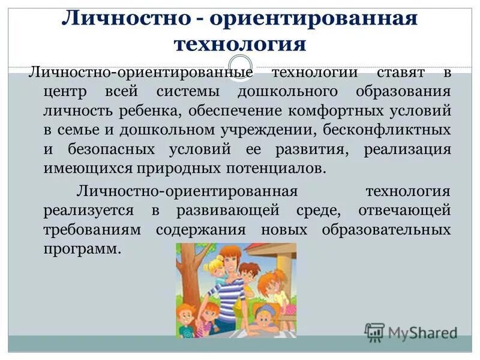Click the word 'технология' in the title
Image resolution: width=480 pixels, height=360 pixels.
tap(239, 43)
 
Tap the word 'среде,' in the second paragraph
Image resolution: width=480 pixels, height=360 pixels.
tap(320, 211)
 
